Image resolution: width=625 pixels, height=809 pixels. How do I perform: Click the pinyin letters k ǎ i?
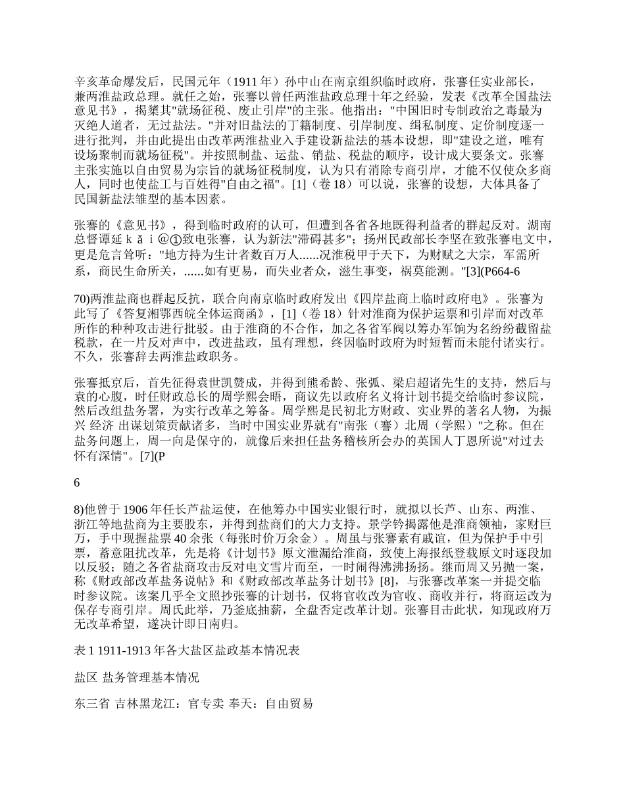[139, 221]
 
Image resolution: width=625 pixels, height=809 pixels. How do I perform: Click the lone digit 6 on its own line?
[78, 482]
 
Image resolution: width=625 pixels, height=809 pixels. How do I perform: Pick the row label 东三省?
[89, 702]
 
